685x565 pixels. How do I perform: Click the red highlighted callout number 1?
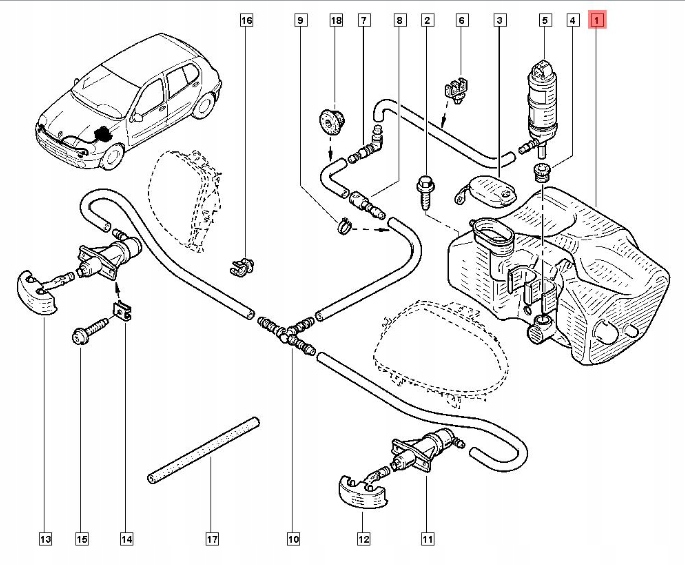point(598,20)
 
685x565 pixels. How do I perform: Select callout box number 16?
point(246,20)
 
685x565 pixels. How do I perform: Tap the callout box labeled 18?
point(336,20)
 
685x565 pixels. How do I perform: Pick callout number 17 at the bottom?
point(212,539)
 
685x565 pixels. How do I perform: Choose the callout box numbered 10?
point(293,539)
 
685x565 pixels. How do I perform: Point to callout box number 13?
point(45,539)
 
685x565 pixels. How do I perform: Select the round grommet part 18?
point(330,121)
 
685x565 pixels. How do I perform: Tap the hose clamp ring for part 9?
point(344,226)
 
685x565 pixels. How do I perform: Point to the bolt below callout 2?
point(424,192)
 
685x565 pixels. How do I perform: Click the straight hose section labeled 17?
point(204,451)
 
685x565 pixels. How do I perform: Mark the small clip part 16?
point(242,267)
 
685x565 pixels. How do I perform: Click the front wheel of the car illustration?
point(112,157)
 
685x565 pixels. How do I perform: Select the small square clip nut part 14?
point(124,311)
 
